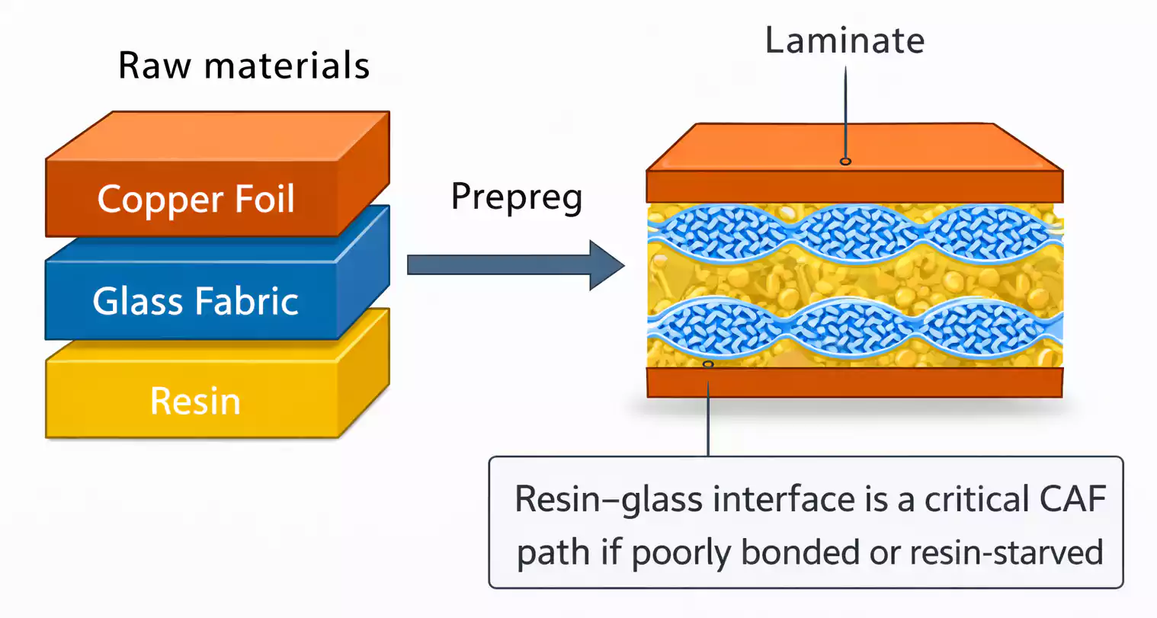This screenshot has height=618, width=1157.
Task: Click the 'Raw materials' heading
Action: (244, 66)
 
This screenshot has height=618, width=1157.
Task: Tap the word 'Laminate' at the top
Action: (845, 40)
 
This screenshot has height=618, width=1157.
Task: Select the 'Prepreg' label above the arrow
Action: (517, 197)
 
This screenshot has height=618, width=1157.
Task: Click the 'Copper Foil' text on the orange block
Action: (196, 200)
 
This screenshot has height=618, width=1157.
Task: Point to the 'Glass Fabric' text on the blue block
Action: (195, 301)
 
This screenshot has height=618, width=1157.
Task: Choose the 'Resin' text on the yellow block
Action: (195, 401)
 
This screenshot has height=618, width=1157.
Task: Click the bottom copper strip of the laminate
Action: (854, 383)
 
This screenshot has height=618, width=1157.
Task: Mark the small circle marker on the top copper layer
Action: (845, 161)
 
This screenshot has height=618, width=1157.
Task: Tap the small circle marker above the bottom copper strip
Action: (708, 364)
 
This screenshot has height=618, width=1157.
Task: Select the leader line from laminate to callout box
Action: (708, 415)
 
